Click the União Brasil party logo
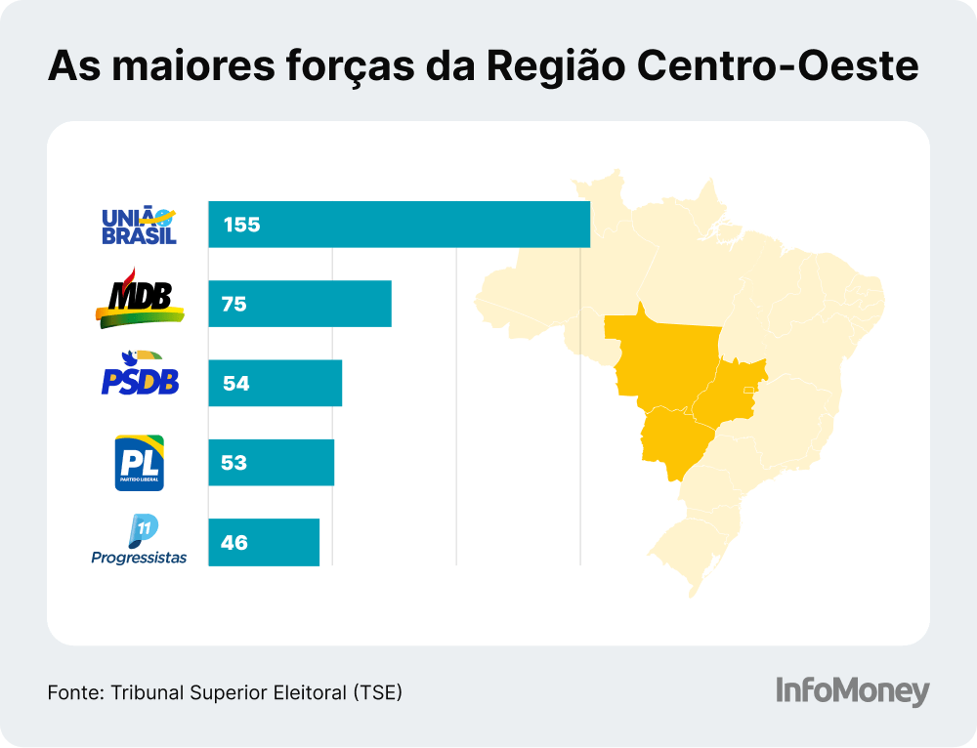pos(139,225)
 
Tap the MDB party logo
pos(140,298)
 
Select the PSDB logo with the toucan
pos(140,374)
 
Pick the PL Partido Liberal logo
pos(140,462)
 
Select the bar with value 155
pos(399,225)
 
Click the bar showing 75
pos(299,304)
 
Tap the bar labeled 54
pos(275,383)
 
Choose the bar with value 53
pos(271,463)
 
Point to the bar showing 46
pos(264,542)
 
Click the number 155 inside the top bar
pos(241,225)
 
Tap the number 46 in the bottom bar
pos(234,542)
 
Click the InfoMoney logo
pos(852,690)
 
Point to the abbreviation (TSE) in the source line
pos(379,692)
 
